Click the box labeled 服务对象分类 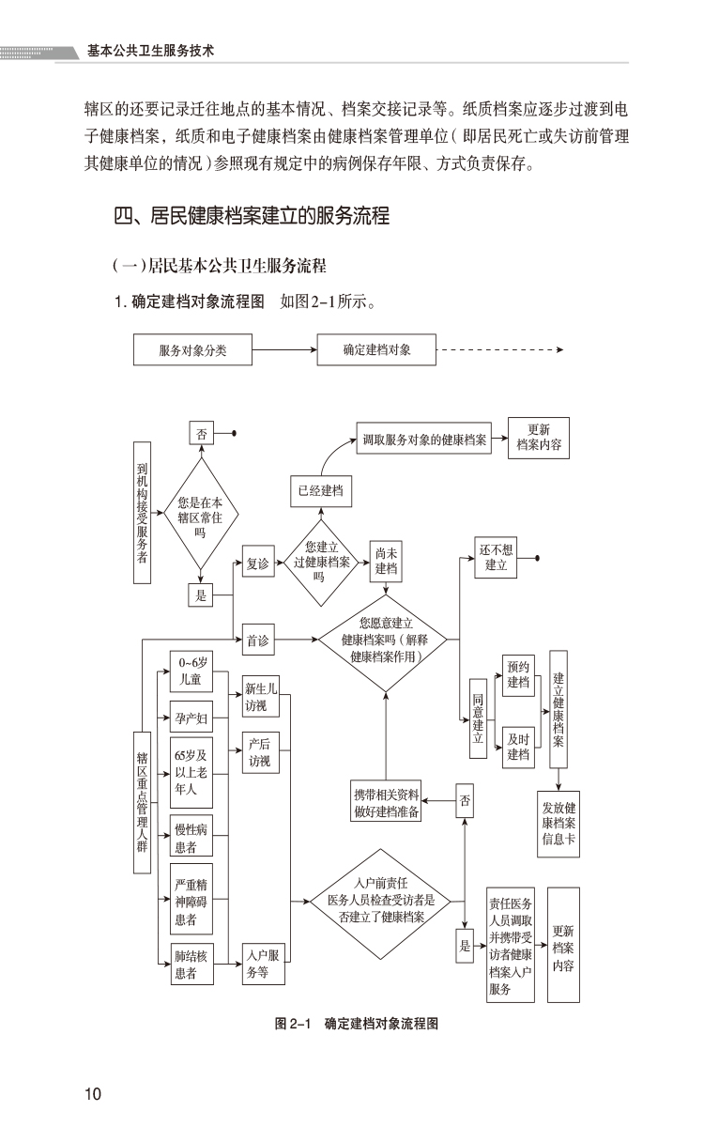click(x=193, y=351)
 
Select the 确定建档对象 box click(x=376, y=350)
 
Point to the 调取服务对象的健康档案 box click(x=424, y=439)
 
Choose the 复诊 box click(x=258, y=563)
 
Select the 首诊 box click(x=258, y=641)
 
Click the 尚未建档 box click(x=386, y=562)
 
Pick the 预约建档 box click(x=518, y=675)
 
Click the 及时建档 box click(x=518, y=747)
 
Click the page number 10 click(x=93, y=1093)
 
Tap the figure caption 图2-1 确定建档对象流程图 click(x=357, y=1024)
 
